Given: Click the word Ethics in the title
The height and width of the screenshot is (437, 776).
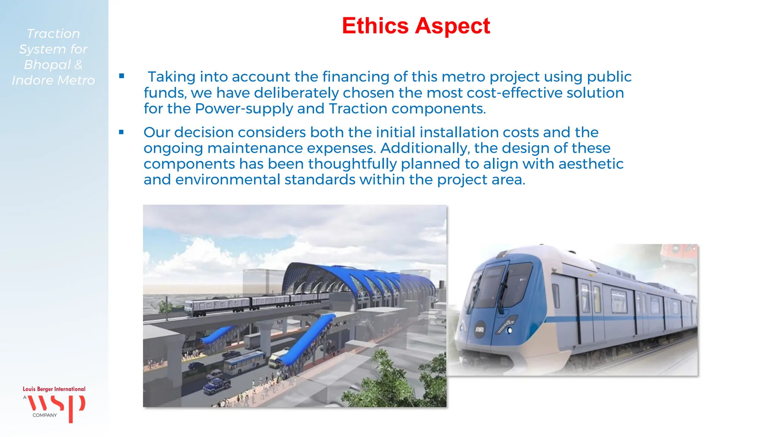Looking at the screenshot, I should [x=375, y=26].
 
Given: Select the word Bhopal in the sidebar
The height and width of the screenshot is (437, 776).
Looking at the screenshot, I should [x=47, y=65].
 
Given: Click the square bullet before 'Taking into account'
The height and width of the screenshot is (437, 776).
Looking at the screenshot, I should [x=122, y=76].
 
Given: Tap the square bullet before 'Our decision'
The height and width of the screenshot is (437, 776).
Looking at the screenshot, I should [x=122, y=132].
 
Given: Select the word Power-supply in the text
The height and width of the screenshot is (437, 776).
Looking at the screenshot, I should [x=244, y=109].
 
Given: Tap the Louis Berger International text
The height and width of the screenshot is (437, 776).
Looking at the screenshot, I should [x=54, y=389].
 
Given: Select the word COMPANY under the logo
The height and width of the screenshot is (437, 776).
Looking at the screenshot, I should [x=45, y=415].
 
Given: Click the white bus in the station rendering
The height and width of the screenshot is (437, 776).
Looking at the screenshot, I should [x=244, y=363].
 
